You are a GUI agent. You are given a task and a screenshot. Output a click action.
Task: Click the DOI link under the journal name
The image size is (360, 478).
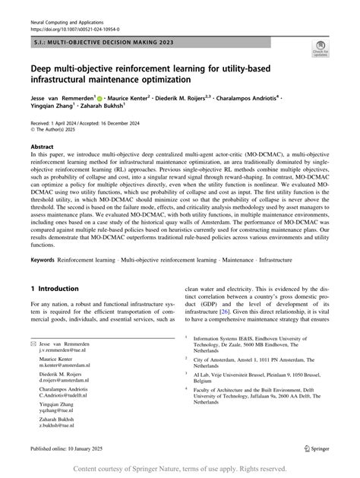coord(74,30)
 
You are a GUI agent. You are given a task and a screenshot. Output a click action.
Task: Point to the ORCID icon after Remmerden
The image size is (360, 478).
coord(99,98)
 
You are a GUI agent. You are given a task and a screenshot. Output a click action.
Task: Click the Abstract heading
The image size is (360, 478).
coord(42,146)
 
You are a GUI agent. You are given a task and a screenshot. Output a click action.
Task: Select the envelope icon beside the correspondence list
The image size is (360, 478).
coord(34,343)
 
